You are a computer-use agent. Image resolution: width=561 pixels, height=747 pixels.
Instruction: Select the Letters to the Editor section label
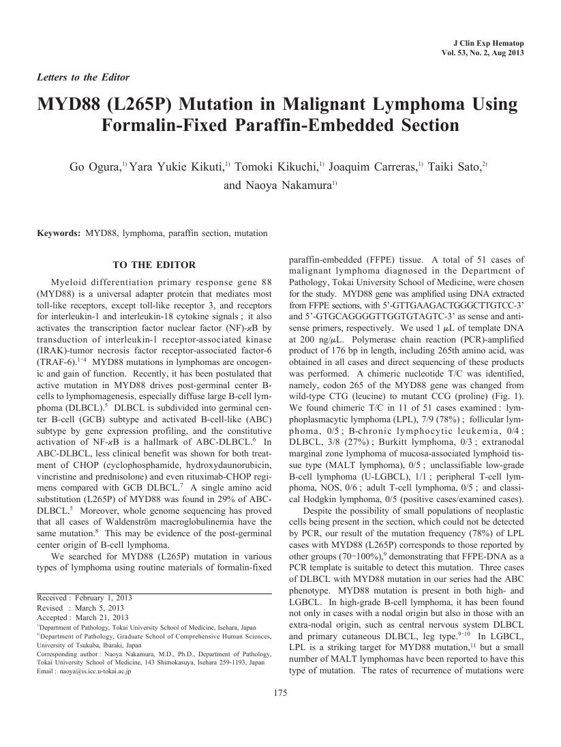point(83,77)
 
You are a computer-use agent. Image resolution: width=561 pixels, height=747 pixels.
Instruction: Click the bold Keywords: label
point(59,233)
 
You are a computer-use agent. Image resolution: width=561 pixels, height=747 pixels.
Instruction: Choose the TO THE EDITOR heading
point(154,265)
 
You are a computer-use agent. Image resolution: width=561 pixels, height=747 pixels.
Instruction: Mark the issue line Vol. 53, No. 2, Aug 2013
point(483,53)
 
